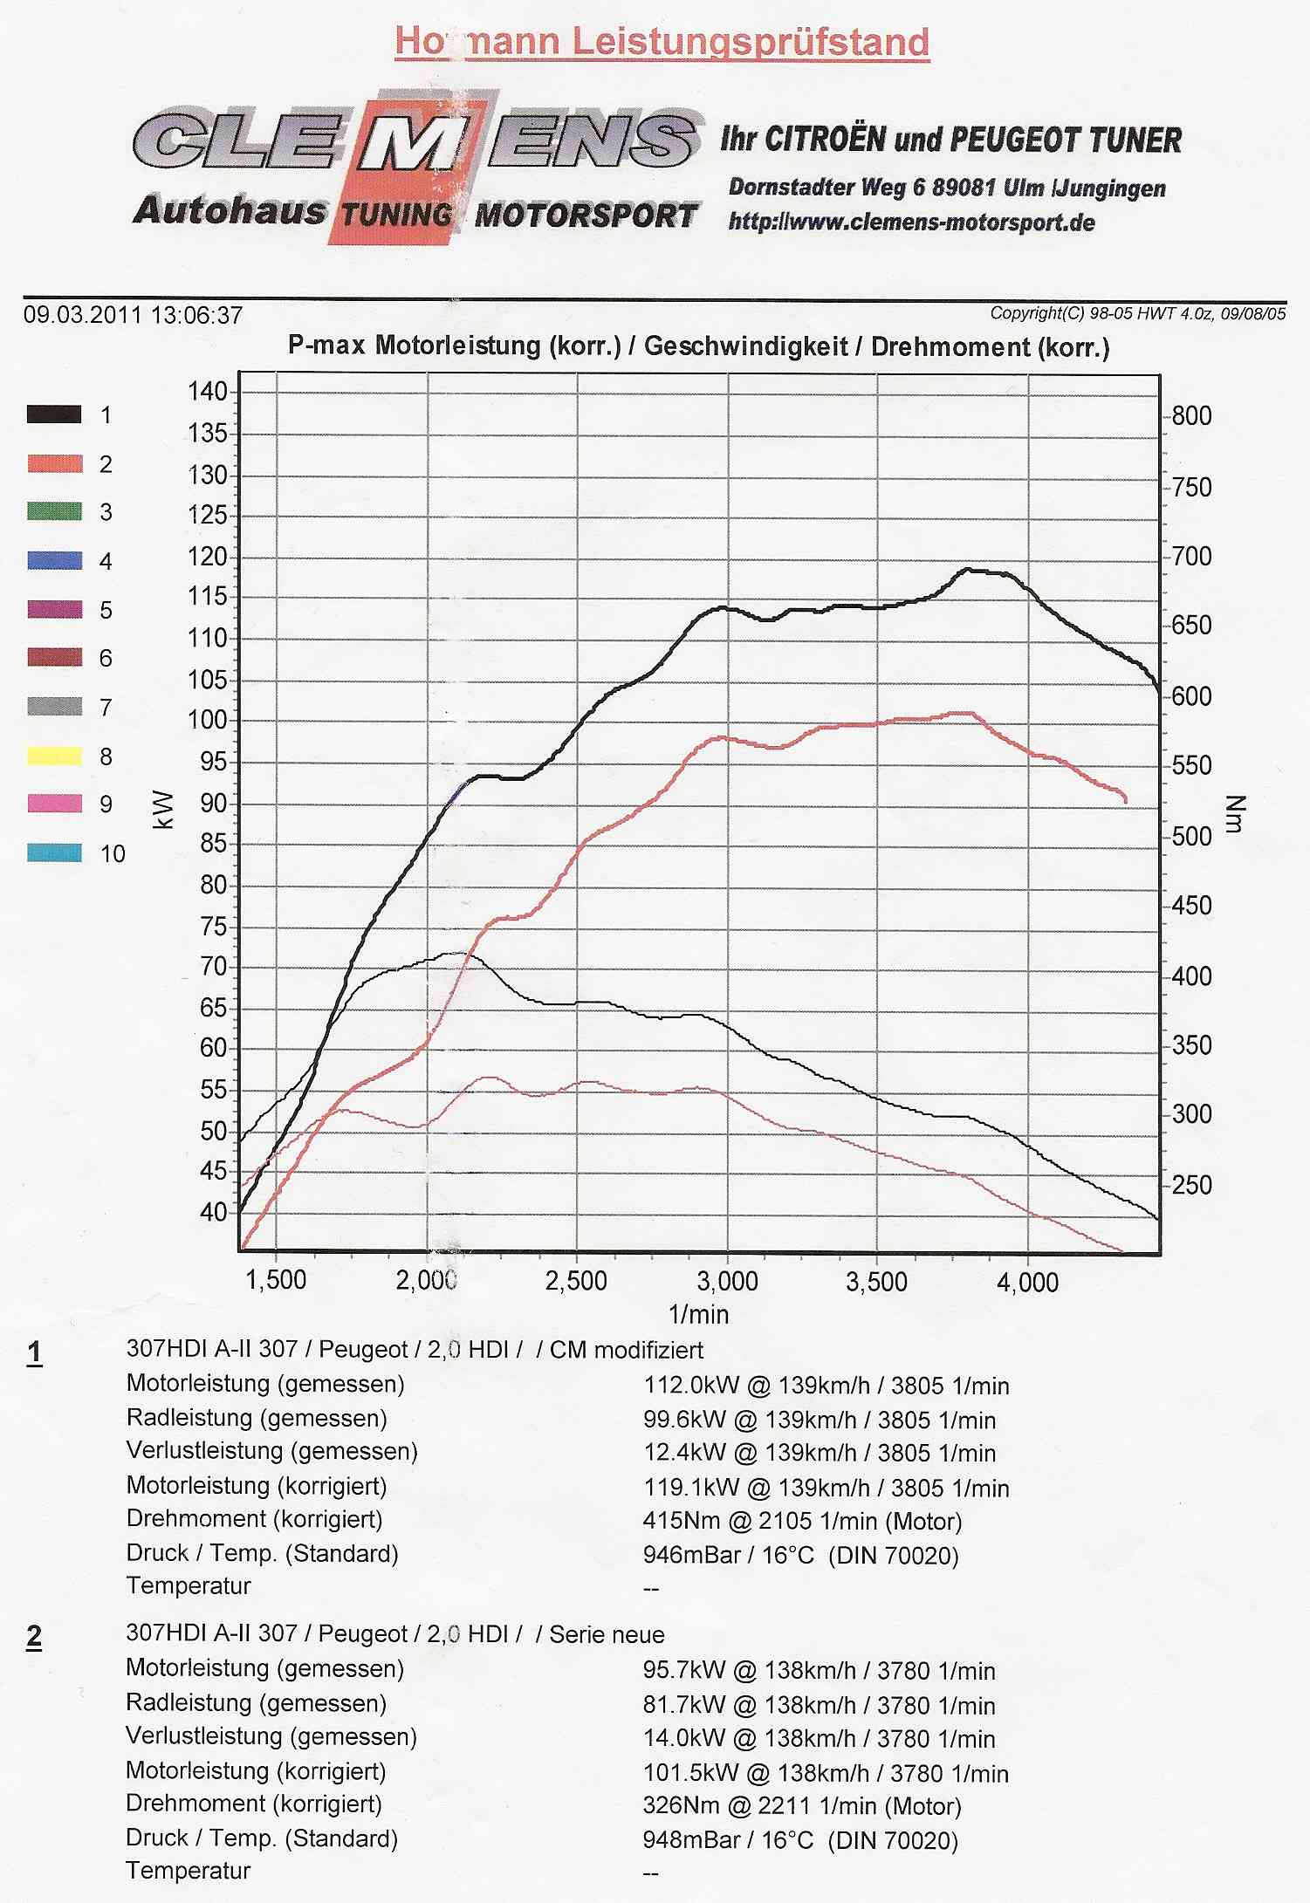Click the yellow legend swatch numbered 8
coord(54,756)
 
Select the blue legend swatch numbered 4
coord(54,560)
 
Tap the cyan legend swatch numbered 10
coord(54,852)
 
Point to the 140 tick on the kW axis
coord(208,391)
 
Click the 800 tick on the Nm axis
coord(1191,415)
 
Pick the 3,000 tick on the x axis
coord(727,1281)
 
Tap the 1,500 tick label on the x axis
coord(276,1280)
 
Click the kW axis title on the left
coord(164,809)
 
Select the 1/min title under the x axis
coord(698,1314)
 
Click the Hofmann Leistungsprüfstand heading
coord(662,42)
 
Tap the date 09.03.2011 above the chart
coord(82,315)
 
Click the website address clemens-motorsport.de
coord(912,222)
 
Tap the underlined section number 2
coord(34,1636)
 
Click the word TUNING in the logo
coord(396,215)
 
